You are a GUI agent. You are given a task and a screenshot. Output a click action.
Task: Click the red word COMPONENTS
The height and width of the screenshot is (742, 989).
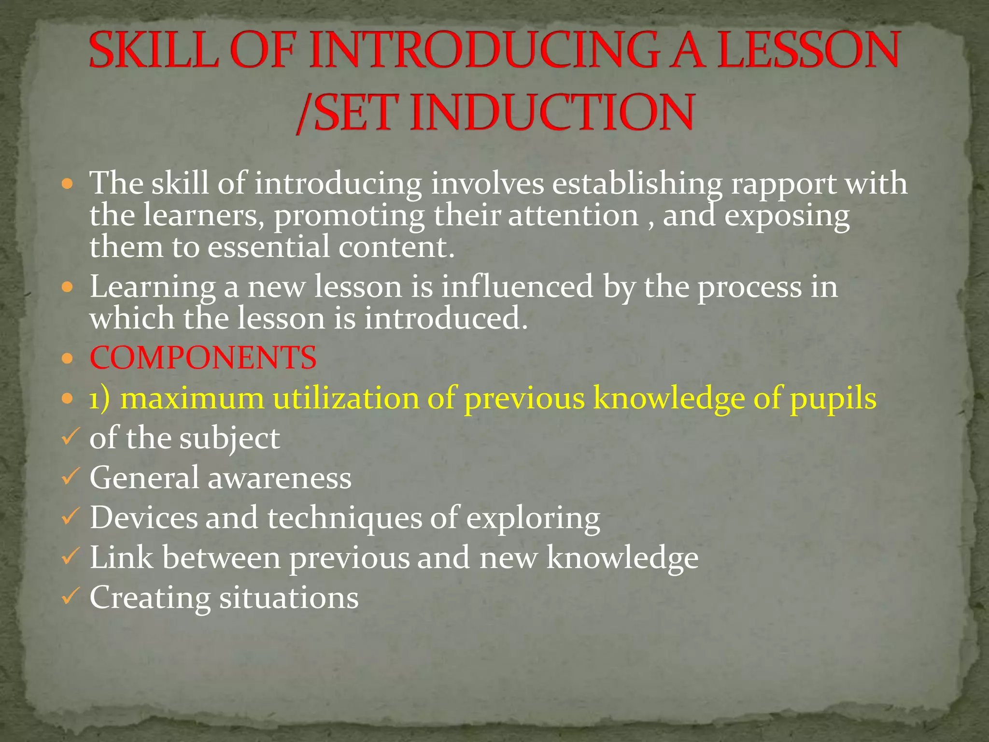tap(203, 358)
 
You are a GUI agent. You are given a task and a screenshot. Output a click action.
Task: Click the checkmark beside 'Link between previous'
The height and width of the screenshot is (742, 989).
tap(69, 557)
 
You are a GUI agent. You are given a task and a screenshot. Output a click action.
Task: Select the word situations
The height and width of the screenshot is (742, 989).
tap(289, 598)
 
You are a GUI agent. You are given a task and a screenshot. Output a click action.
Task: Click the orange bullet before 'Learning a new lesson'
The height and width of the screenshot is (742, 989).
tap(68, 288)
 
